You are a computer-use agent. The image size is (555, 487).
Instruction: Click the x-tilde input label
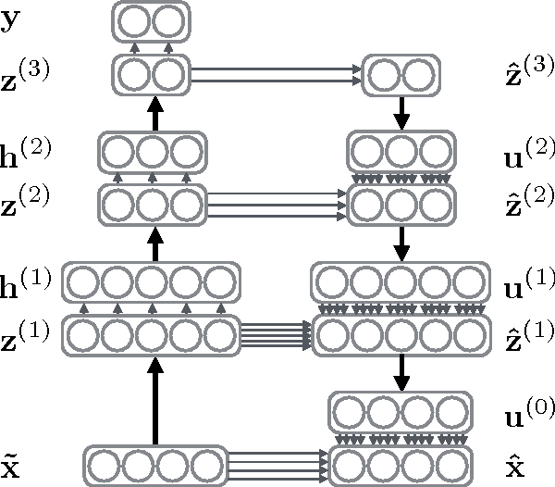(x=11, y=460)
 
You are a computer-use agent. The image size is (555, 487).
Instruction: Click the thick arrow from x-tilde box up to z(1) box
(x=155, y=398)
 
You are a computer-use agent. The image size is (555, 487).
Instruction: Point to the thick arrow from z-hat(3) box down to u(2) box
(x=401, y=111)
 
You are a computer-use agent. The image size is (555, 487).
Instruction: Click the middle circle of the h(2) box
(x=153, y=149)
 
